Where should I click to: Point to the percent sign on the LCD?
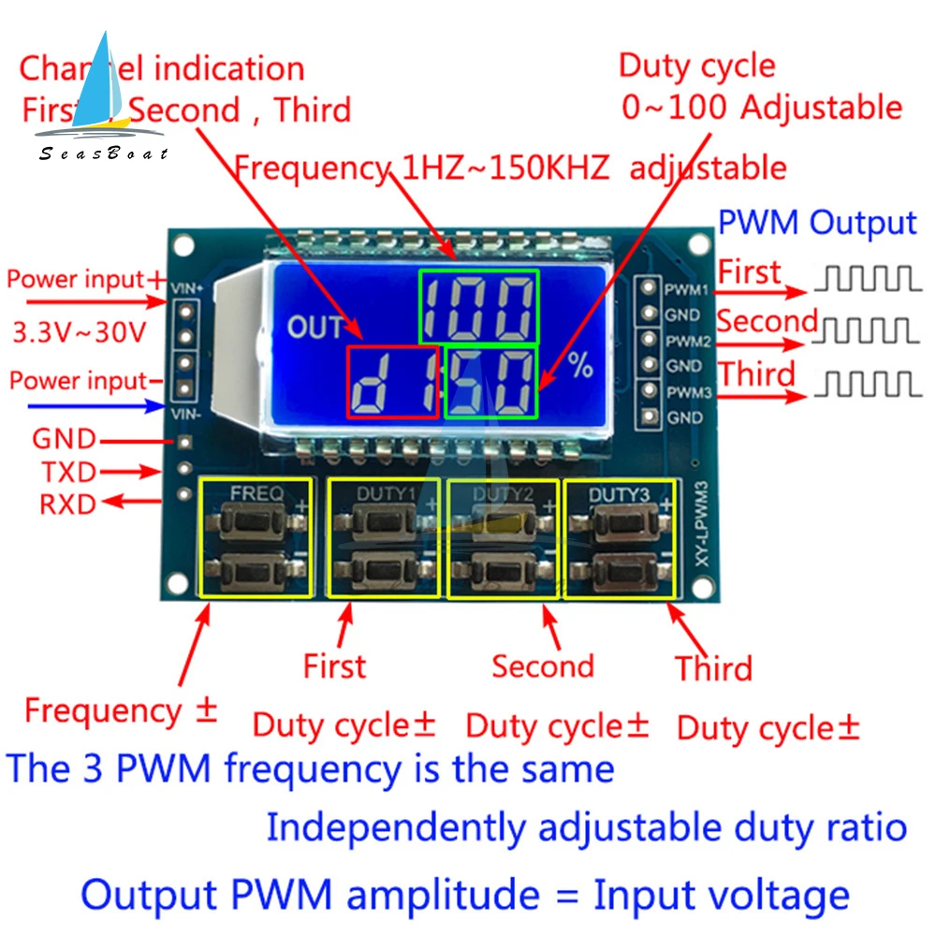point(580,367)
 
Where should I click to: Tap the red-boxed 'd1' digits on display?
point(393,382)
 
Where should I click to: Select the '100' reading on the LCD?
point(478,307)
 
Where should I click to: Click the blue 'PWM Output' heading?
point(816,224)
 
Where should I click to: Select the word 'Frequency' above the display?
point(310,168)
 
